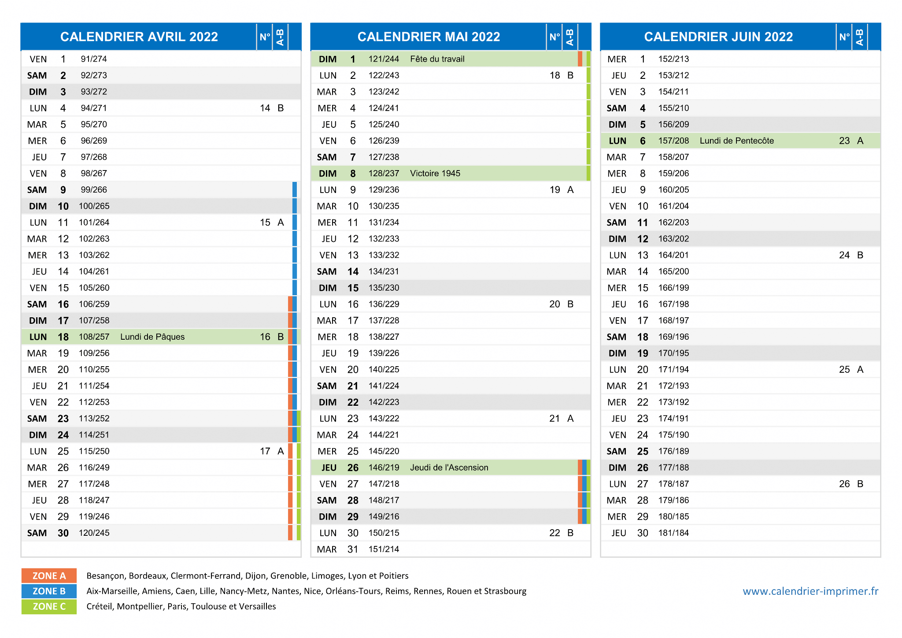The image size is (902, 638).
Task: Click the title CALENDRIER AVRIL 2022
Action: click(139, 37)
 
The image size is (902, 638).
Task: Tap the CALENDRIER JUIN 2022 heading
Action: click(718, 37)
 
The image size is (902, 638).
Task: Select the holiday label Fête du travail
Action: click(437, 59)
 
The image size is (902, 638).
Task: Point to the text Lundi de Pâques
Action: click(152, 337)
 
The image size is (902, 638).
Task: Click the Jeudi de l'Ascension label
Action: click(449, 467)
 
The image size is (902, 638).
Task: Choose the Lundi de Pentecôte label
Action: click(737, 141)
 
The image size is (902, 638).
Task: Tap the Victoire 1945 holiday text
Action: click(435, 174)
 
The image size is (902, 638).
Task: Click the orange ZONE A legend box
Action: click(49, 576)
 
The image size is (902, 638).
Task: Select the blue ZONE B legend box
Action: click(49, 591)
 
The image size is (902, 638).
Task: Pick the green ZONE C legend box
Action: click(49, 607)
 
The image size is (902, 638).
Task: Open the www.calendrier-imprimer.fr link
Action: click(810, 591)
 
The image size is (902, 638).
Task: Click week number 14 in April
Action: click(265, 108)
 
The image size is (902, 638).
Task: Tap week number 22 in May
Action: click(555, 533)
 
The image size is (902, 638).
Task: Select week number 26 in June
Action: click(844, 484)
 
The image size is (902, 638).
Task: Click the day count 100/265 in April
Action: click(94, 206)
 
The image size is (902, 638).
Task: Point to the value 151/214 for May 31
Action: click(384, 549)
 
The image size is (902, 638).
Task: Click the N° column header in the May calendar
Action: click(555, 37)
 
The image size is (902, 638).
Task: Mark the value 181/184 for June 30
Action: click(674, 533)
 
